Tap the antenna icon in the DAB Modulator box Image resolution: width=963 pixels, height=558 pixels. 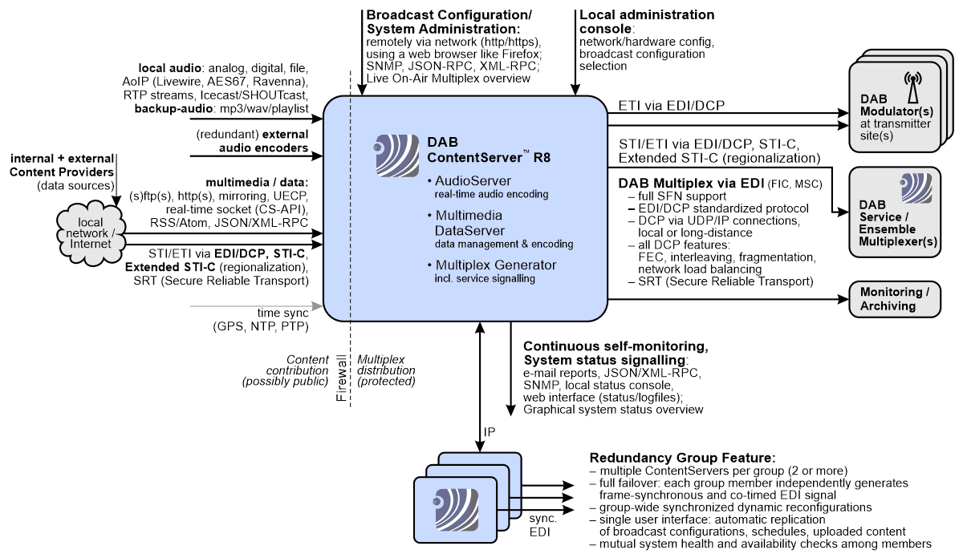click(x=912, y=85)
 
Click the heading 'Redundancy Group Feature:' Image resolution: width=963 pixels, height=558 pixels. click(x=682, y=455)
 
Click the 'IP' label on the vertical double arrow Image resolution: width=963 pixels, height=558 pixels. click(x=490, y=431)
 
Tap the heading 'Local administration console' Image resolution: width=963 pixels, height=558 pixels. click(x=646, y=22)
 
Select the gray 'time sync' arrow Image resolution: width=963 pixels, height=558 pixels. click(x=255, y=305)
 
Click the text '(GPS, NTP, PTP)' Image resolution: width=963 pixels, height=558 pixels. click(x=260, y=326)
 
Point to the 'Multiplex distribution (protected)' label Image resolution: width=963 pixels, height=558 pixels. click(x=387, y=370)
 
